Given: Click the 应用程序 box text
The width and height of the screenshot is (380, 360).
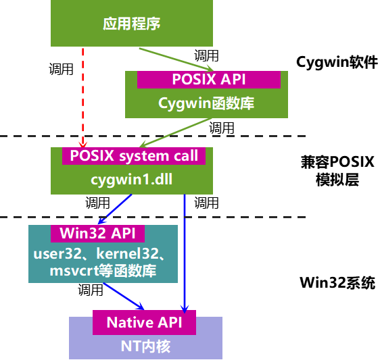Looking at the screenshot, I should (132, 24).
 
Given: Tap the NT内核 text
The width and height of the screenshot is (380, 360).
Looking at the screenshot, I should (145, 346).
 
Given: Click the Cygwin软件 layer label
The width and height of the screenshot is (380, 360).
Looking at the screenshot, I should (337, 62).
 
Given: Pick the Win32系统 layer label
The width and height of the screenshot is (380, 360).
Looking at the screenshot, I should (337, 283).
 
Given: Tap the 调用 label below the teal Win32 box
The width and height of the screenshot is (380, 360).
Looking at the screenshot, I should (91, 291).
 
